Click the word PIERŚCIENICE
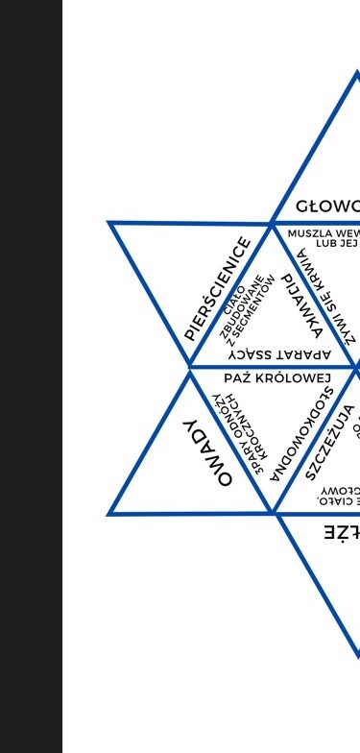point(218,289)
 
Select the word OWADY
point(208,451)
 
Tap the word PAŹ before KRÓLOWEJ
point(241,378)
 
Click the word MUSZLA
point(309,233)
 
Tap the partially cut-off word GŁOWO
point(327,206)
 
